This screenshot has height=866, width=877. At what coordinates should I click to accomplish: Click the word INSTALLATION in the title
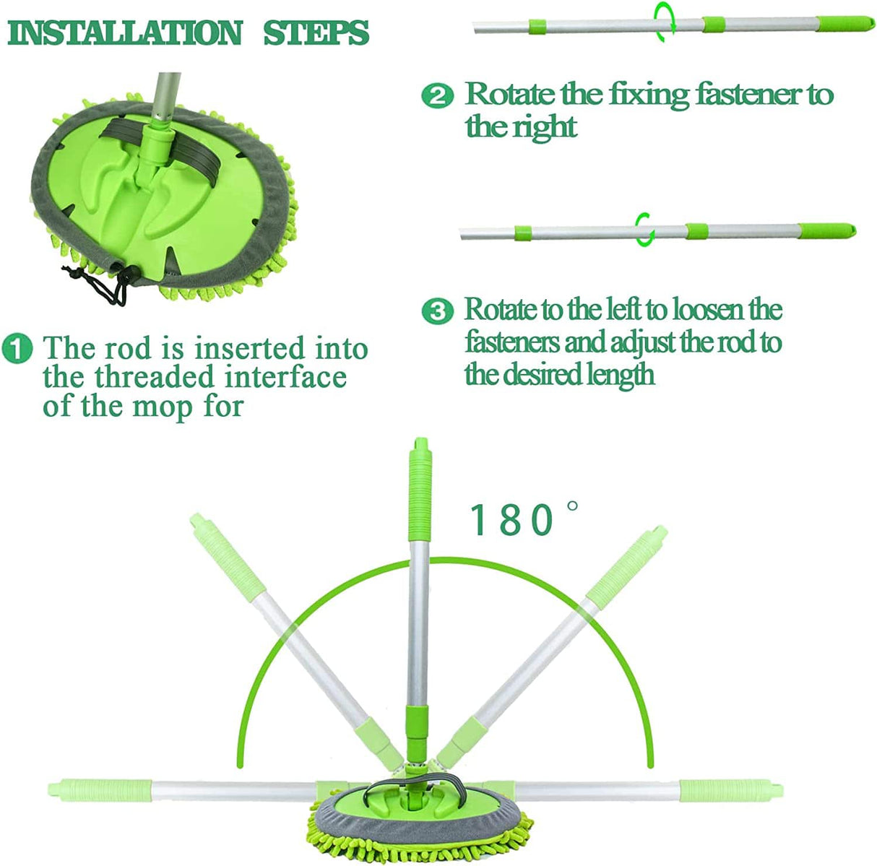[125, 33]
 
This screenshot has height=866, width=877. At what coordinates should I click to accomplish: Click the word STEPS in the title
[316, 33]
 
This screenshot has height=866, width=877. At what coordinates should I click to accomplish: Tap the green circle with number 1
[17, 349]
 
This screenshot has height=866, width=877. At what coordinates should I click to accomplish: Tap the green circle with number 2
[437, 96]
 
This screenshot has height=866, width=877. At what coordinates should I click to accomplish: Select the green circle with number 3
[437, 312]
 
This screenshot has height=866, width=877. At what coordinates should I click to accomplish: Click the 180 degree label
[523, 519]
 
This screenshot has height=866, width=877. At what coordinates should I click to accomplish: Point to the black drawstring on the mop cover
[98, 285]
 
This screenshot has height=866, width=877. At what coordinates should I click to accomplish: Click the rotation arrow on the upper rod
[665, 22]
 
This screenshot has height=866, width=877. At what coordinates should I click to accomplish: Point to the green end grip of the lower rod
[827, 230]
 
